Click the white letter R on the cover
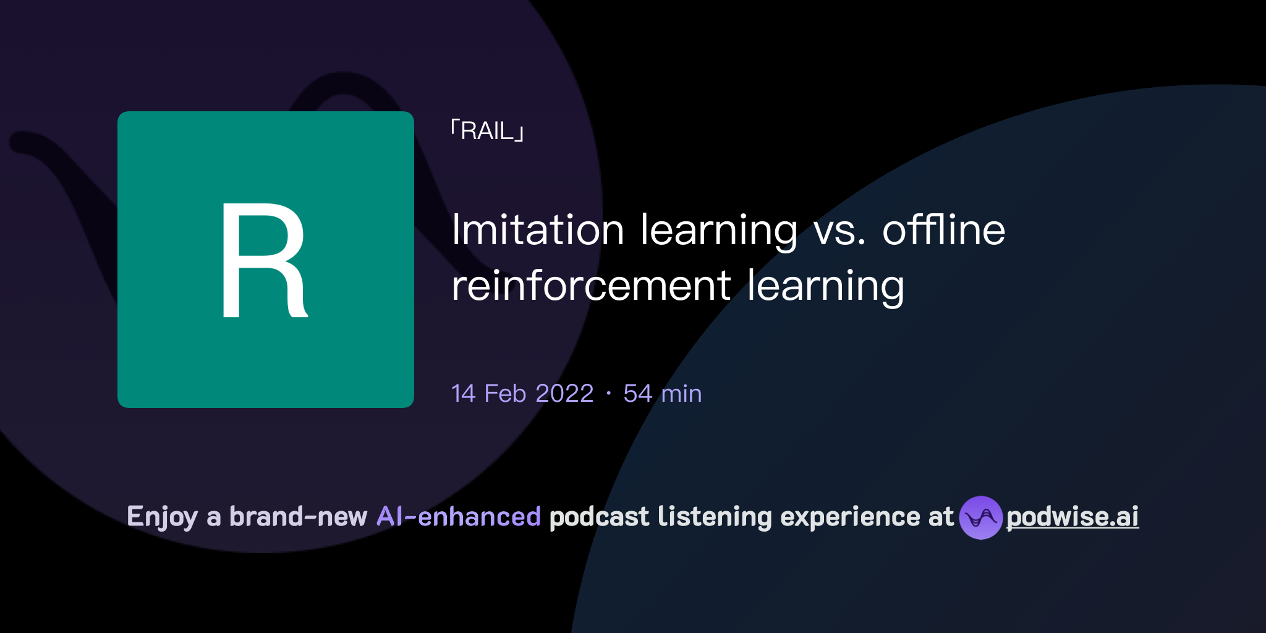click(x=264, y=260)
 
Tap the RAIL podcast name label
click(x=488, y=131)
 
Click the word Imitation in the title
click(x=538, y=230)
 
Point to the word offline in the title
click(x=943, y=230)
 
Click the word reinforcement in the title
click(x=592, y=286)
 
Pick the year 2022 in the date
click(x=564, y=394)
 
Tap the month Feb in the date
click(x=505, y=394)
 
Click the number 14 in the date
click(x=464, y=394)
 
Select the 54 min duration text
click(x=663, y=394)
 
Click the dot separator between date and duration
click(x=609, y=394)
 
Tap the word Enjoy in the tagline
click(x=163, y=517)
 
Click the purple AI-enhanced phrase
click(x=459, y=517)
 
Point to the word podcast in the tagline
click(x=599, y=517)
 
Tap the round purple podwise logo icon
click(x=980, y=517)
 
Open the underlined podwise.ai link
click(x=1073, y=517)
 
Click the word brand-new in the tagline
click(x=298, y=517)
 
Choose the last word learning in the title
click(x=825, y=286)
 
